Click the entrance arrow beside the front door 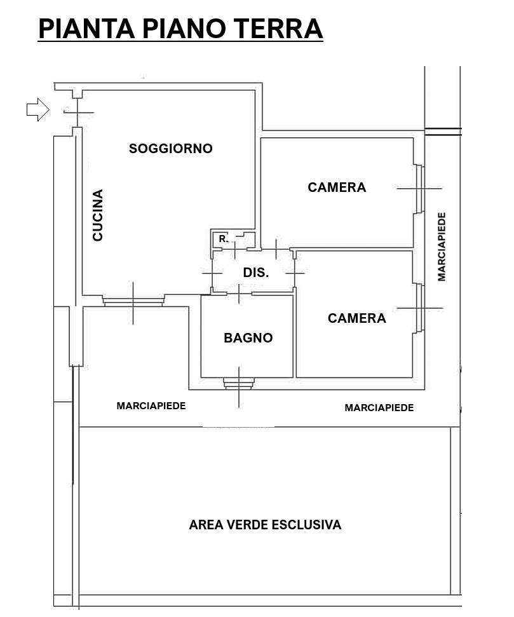(x=37, y=109)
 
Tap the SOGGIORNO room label (x=170, y=148)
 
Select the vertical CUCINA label (x=98, y=215)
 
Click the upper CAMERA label (x=337, y=187)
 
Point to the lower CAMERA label (x=357, y=318)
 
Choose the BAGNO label (x=248, y=337)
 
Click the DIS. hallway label (x=256, y=273)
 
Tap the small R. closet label (x=223, y=238)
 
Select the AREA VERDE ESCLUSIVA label (x=266, y=524)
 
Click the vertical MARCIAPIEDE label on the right (x=442, y=247)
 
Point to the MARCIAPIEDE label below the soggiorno (x=151, y=405)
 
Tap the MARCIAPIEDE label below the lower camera (x=379, y=408)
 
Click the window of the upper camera (x=419, y=189)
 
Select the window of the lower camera (x=419, y=308)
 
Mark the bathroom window (x=239, y=383)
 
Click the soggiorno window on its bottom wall (x=133, y=301)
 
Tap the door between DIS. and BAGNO (x=240, y=294)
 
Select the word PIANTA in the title (x=87, y=29)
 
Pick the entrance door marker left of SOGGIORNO (x=78, y=112)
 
